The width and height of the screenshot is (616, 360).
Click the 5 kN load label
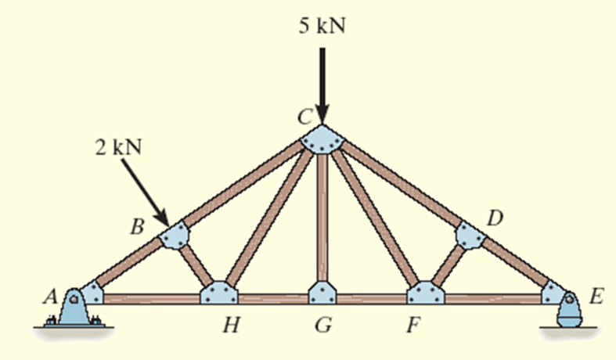[322, 26]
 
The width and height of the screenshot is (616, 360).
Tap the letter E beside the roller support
[596, 296]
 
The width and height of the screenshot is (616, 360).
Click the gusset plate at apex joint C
[322, 142]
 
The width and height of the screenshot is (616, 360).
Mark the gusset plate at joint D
[470, 235]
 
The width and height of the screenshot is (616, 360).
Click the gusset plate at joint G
[322, 294]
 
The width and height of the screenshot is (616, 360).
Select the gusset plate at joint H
[219, 294]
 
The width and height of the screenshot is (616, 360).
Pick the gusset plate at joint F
[425, 294]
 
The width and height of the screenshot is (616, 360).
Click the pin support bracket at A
[75, 308]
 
